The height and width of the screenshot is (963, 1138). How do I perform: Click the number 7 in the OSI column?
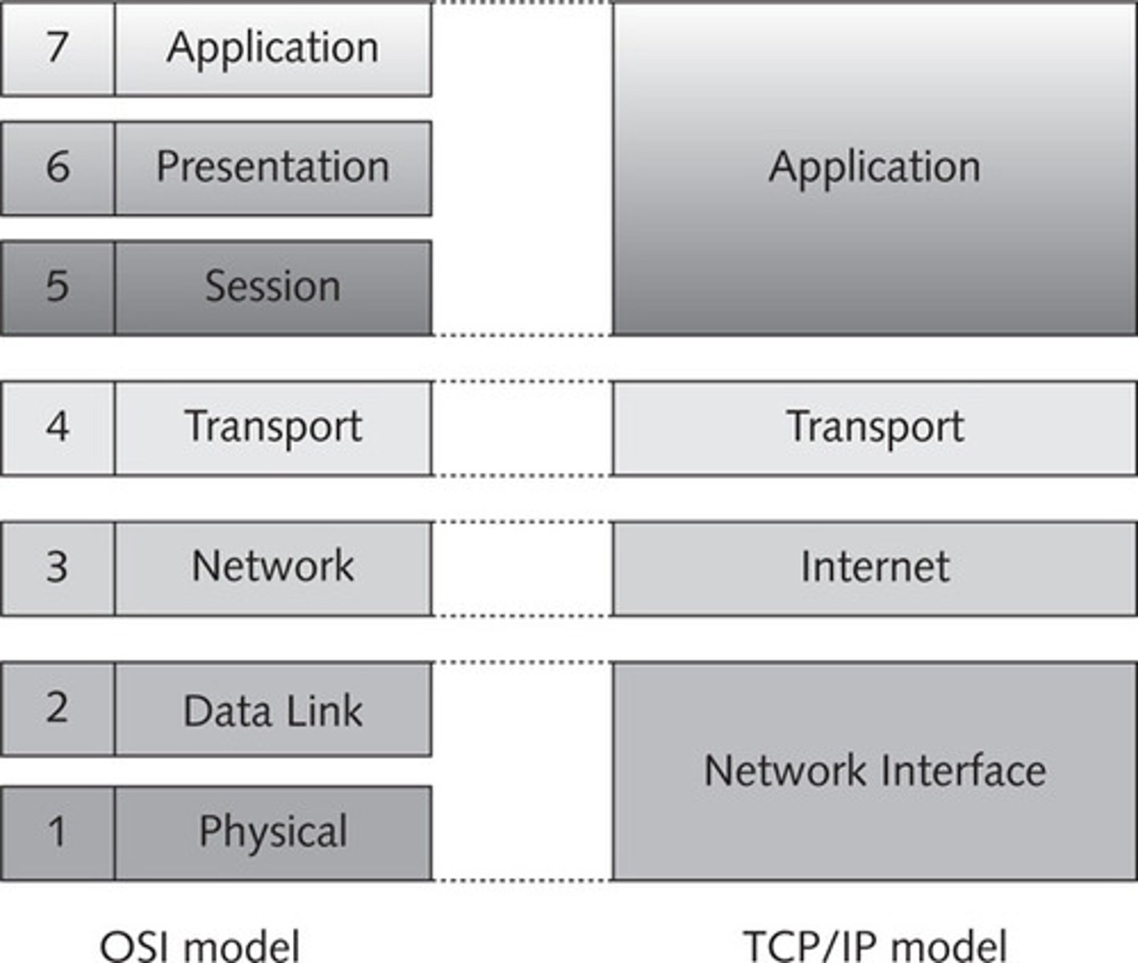click(x=57, y=47)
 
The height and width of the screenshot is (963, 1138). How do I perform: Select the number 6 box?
click(x=57, y=167)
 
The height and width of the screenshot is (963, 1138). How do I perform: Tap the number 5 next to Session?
click(x=57, y=286)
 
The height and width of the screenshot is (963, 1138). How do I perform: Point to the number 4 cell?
click(x=57, y=426)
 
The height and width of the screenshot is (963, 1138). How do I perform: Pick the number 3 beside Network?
click(x=57, y=567)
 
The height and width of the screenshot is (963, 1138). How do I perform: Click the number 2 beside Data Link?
click(x=57, y=708)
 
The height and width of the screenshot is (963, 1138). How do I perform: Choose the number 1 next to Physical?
click(x=57, y=831)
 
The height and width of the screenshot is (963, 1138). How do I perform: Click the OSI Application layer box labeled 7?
click(x=273, y=48)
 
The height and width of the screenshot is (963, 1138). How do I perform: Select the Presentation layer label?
click(x=273, y=167)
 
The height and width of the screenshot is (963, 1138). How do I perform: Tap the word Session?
click(x=273, y=286)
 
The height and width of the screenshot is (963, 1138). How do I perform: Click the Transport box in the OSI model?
click(x=273, y=426)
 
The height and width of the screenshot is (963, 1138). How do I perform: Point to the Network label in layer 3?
click(x=273, y=567)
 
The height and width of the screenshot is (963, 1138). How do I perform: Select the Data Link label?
click(x=273, y=711)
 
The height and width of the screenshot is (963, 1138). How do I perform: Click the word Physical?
click(x=273, y=831)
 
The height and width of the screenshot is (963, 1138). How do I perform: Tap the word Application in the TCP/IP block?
click(x=875, y=167)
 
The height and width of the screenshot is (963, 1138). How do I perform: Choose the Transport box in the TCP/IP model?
click(x=875, y=426)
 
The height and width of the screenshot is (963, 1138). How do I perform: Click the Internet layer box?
click(x=875, y=567)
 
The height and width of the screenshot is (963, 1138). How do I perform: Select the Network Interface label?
click(x=875, y=770)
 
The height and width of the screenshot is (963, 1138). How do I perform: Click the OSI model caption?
click(x=200, y=945)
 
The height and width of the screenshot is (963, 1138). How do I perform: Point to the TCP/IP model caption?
click(x=875, y=945)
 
